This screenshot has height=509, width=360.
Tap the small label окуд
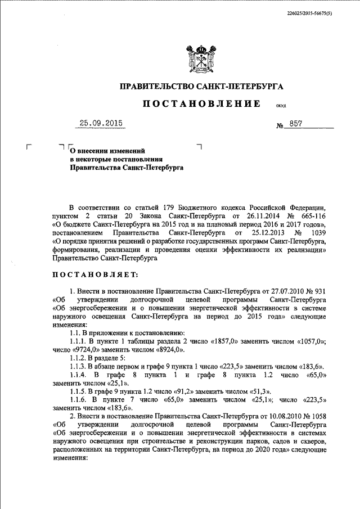click(281, 106)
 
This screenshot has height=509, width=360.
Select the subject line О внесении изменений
click(107, 151)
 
